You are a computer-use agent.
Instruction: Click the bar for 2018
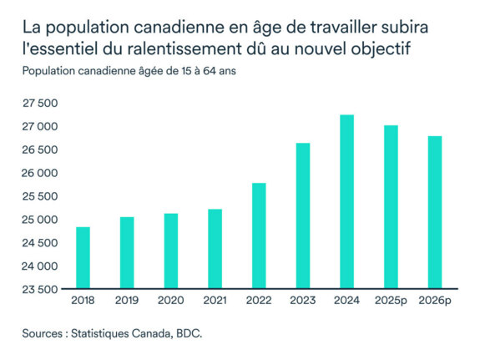[x=83, y=258]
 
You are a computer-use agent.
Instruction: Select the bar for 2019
[x=127, y=253]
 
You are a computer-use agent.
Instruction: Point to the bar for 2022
[x=259, y=236]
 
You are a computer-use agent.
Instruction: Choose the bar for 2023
[x=303, y=216]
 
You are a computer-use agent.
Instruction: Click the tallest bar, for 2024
[x=347, y=202]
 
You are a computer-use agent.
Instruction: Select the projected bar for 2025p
[x=391, y=207]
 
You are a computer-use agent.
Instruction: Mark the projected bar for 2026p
[x=435, y=213]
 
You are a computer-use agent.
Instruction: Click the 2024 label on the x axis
[x=347, y=300]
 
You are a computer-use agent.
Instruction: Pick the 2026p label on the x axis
[x=435, y=300]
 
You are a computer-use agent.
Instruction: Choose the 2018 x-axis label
[x=83, y=300]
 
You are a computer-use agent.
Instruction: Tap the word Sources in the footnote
[x=44, y=334]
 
